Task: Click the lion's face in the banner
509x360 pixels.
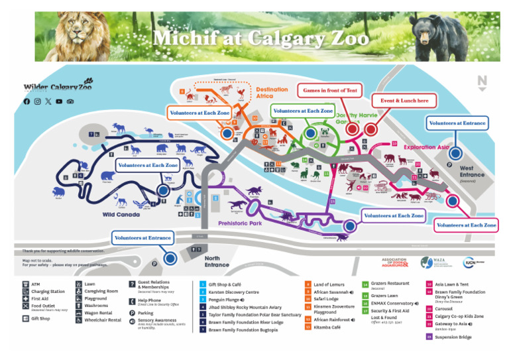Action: point(75,30)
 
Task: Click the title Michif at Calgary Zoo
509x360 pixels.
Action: point(260,38)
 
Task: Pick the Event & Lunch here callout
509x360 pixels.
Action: point(404,101)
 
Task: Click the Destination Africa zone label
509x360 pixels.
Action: point(272,93)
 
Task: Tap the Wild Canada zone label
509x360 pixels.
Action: point(121,215)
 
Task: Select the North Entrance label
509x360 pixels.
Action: point(217,262)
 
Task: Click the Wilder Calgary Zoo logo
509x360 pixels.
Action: point(58,87)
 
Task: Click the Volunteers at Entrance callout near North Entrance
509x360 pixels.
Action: point(142,237)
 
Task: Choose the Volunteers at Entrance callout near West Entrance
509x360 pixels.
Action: point(457,123)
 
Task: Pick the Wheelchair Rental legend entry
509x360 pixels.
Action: point(103,320)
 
